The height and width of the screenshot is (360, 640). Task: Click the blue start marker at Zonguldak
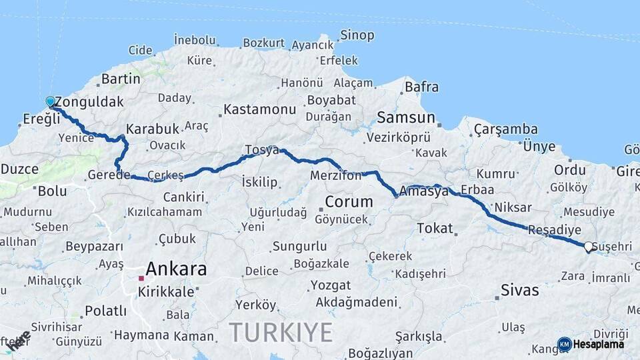(50, 102)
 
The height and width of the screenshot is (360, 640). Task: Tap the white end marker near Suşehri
(588, 247)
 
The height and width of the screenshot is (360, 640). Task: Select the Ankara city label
(175, 270)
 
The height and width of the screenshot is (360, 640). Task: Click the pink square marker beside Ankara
(141, 278)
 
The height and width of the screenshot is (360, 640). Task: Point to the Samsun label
(406, 118)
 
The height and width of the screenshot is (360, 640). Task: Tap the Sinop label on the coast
(357, 35)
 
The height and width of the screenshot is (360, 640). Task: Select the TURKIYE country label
(281, 331)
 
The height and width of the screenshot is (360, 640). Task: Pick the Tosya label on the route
(261, 150)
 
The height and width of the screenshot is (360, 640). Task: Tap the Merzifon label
(335, 176)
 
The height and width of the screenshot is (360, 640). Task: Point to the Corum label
(349, 201)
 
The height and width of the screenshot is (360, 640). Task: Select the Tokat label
(435, 229)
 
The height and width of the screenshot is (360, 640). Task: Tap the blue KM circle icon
(565, 344)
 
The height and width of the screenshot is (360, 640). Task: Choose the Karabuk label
(153, 129)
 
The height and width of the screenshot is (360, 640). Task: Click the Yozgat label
(330, 285)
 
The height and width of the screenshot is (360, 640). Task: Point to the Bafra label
(421, 87)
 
